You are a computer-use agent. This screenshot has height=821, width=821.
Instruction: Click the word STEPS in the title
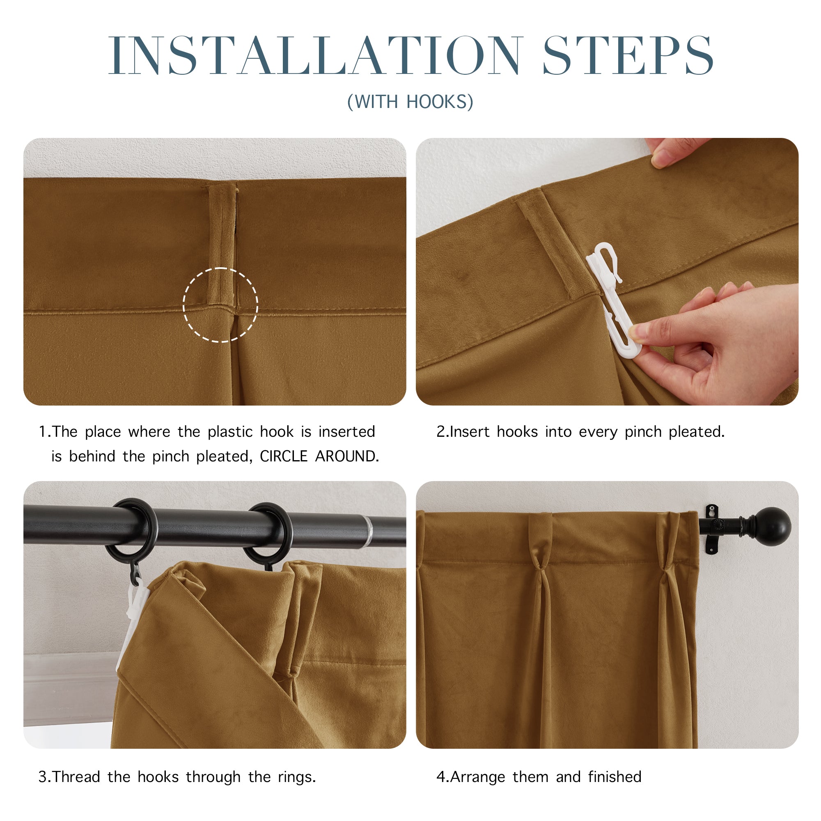pos(628,55)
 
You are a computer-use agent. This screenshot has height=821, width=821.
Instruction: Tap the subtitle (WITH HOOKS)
pos(410,102)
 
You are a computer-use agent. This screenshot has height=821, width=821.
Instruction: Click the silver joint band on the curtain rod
pos(368,532)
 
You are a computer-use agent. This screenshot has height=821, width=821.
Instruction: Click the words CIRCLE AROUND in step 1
pos(319,456)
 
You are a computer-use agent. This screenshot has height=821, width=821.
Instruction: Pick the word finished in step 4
pos(615,777)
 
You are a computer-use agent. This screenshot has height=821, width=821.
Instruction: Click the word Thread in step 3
pos(76,777)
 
